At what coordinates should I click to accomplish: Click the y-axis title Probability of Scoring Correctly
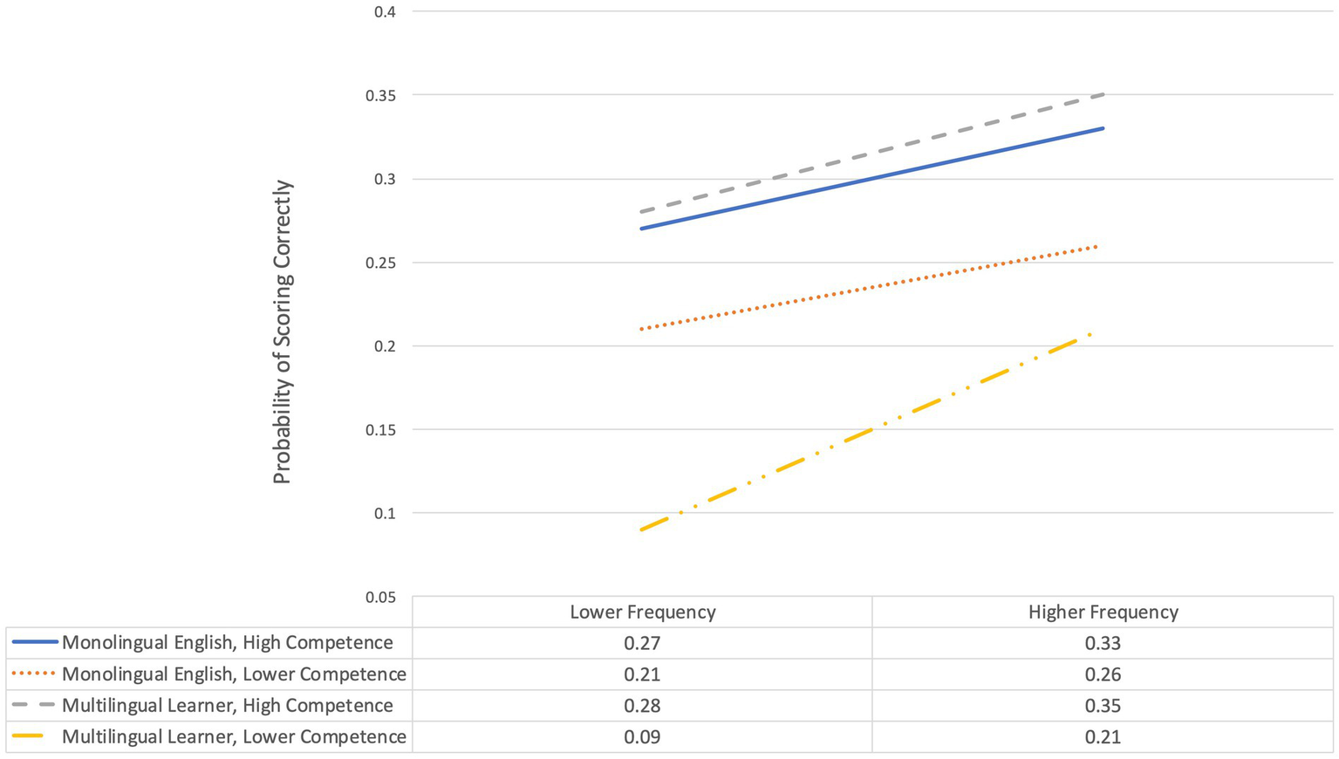pyautogui.click(x=282, y=332)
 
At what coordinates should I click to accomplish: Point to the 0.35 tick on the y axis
pyautogui.click(x=379, y=95)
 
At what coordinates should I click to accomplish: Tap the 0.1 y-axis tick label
pyautogui.click(x=385, y=514)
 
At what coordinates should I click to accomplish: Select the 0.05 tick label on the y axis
pyautogui.click(x=379, y=598)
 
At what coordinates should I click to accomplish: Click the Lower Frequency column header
pyautogui.click(x=642, y=612)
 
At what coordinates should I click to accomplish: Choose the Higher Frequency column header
pyautogui.click(x=1103, y=612)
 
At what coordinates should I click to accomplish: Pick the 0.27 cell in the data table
pyautogui.click(x=642, y=644)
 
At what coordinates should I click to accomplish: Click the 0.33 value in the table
pyautogui.click(x=1103, y=644)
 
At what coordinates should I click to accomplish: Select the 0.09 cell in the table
pyautogui.click(x=642, y=737)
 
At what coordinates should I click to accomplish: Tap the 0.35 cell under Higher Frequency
pyautogui.click(x=1103, y=706)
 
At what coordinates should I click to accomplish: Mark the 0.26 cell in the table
pyautogui.click(x=1103, y=674)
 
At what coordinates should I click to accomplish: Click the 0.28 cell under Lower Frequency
pyautogui.click(x=642, y=706)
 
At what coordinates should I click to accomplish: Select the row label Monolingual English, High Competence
pyautogui.click(x=227, y=643)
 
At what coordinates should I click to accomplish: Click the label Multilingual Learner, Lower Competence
pyautogui.click(x=234, y=737)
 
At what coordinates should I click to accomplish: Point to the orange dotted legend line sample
pyautogui.click(x=35, y=674)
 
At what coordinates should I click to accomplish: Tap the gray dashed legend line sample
pyautogui.click(x=35, y=706)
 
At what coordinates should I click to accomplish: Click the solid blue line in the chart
pyautogui.click(x=872, y=179)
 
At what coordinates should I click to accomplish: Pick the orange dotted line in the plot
pyautogui.click(x=872, y=288)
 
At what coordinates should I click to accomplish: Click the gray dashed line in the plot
pyautogui.click(x=872, y=153)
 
